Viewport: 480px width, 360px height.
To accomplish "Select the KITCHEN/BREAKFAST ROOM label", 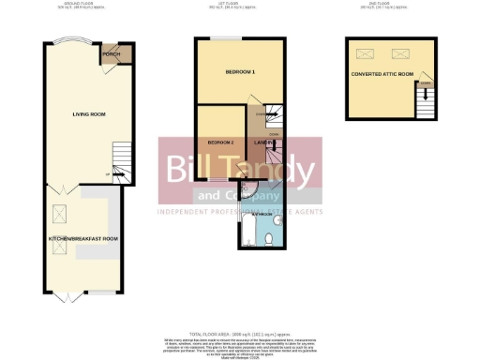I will click(x=83, y=239).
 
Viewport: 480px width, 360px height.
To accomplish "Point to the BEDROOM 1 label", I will click(x=240, y=72).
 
